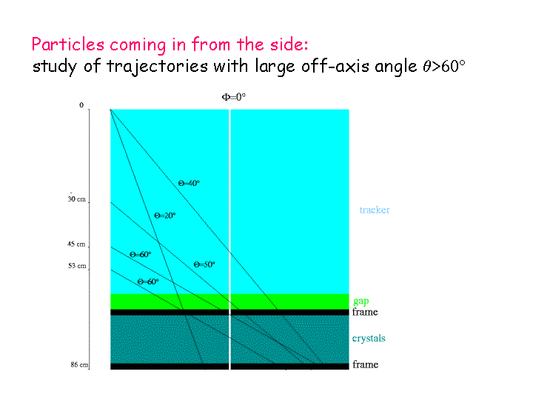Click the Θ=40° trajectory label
[x=189, y=184]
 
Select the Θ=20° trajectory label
[x=165, y=216]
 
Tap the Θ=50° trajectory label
[x=204, y=264]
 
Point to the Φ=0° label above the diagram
[x=233, y=97]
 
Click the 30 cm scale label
[x=76, y=199]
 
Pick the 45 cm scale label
[x=76, y=244]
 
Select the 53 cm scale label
[x=77, y=266]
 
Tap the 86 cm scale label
[x=79, y=364]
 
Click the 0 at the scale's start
[x=81, y=105]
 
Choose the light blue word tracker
[x=375, y=210]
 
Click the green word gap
[x=361, y=301]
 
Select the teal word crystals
[x=369, y=339]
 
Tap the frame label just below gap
[x=365, y=312]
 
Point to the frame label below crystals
[x=366, y=364]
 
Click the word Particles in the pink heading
[x=68, y=44]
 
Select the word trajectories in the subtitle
[x=157, y=67]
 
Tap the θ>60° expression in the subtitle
[x=444, y=66]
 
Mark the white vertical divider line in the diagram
[x=229, y=239]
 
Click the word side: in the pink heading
[x=289, y=44]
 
